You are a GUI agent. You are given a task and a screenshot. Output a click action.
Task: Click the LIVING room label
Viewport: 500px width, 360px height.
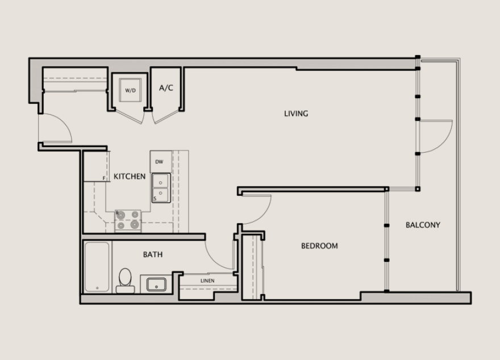(x=296, y=114)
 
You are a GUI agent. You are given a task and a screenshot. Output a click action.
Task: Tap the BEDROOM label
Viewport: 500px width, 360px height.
(x=319, y=246)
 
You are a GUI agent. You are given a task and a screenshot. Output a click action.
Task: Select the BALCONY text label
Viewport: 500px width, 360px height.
(x=423, y=225)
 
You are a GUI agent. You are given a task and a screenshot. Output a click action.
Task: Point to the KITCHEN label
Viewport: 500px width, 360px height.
(x=130, y=177)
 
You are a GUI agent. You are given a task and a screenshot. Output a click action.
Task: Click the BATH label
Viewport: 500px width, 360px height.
(x=153, y=254)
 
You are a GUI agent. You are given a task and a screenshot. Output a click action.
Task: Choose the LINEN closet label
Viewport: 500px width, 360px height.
(x=207, y=281)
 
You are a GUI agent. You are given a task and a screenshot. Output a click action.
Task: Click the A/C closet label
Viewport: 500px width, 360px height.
(x=166, y=87)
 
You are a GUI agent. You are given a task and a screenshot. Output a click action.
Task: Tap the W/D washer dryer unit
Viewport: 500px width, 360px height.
(x=130, y=90)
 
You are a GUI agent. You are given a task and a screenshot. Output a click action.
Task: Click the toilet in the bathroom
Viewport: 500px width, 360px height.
(x=125, y=281)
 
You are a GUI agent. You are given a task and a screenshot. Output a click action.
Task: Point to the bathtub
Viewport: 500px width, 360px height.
(x=97, y=267)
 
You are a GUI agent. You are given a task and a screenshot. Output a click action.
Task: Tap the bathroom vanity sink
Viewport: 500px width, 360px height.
(x=156, y=284)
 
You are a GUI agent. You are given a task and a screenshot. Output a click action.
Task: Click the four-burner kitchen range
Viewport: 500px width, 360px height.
(x=128, y=220)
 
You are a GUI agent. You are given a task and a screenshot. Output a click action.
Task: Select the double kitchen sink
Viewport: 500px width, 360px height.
(x=161, y=188)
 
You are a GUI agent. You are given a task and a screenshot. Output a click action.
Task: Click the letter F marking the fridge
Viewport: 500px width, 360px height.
(x=104, y=178)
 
